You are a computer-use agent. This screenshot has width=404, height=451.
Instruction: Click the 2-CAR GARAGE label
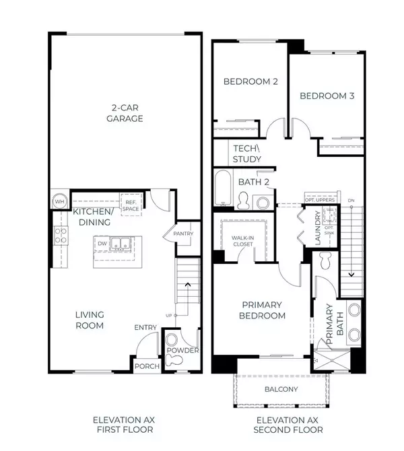click(x=125, y=112)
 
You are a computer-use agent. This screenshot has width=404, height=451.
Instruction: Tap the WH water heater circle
click(x=59, y=201)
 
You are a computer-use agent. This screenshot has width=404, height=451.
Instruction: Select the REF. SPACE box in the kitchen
click(x=131, y=204)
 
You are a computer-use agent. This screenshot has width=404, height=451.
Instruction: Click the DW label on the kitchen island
click(x=102, y=244)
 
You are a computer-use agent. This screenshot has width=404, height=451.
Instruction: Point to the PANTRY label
click(x=182, y=234)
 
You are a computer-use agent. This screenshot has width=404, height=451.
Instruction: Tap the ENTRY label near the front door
click(x=145, y=328)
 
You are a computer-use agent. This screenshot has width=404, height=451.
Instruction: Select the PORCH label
click(x=147, y=366)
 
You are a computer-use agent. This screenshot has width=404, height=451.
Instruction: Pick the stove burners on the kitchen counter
click(x=60, y=235)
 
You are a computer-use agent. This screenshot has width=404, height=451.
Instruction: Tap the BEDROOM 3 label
click(x=327, y=96)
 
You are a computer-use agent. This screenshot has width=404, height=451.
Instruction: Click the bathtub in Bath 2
click(x=223, y=190)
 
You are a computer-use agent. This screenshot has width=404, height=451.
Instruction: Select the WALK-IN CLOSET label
click(x=244, y=241)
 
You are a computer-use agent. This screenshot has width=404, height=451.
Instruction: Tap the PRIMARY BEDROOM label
click(x=263, y=310)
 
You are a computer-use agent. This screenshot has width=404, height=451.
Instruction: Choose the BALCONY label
click(x=281, y=390)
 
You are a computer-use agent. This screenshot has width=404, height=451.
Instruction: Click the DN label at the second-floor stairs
click(x=350, y=201)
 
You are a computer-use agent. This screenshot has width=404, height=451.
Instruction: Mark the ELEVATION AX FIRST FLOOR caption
click(x=123, y=424)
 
